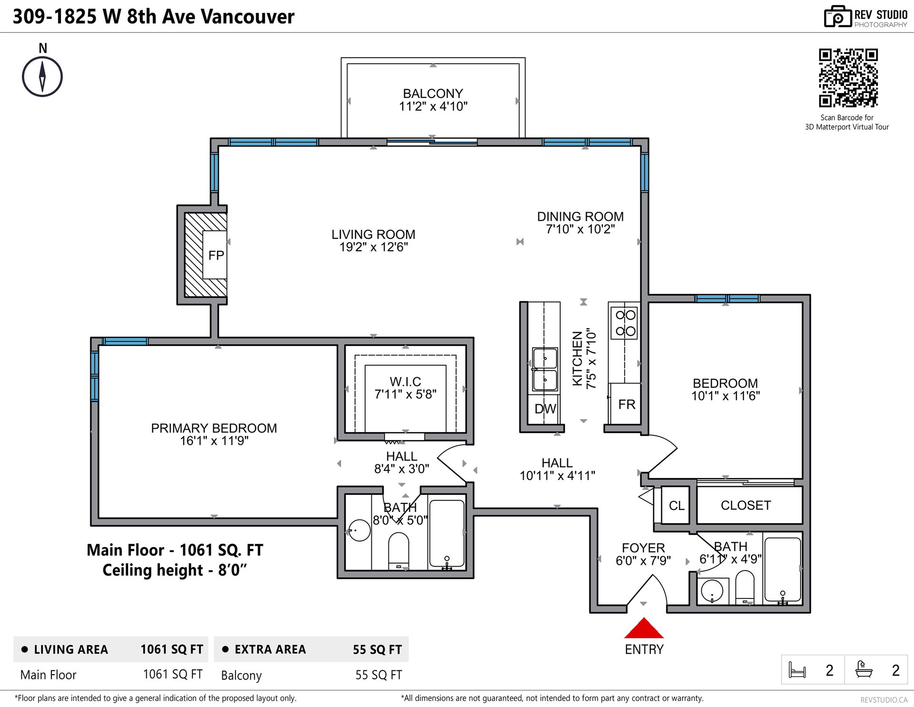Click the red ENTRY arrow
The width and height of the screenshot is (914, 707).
coord(644,628)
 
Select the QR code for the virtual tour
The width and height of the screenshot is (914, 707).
coord(848,78)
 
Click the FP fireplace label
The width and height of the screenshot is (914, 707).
coord(216,255)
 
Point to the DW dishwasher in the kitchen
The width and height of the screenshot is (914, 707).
coord(545,409)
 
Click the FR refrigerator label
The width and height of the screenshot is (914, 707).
coord(626,404)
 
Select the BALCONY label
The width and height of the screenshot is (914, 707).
coord(433,93)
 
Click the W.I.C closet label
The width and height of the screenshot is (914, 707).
coord(405,382)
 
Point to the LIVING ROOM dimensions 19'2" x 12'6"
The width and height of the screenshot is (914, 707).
coord(373,247)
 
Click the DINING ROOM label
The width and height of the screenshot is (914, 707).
coord(580,216)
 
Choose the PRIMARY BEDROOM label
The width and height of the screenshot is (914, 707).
coord(214,428)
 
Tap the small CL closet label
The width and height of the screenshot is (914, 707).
coord(676,506)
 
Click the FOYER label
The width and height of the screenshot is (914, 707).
coord(643,548)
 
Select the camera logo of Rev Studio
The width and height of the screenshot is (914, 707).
coord(837,17)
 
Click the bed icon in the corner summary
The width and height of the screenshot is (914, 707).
coord(797,670)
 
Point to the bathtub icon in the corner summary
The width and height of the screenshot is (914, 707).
coord(864,669)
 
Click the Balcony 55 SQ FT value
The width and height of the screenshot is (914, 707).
coord(378,675)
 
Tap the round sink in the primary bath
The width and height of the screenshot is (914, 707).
coord(359,530)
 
